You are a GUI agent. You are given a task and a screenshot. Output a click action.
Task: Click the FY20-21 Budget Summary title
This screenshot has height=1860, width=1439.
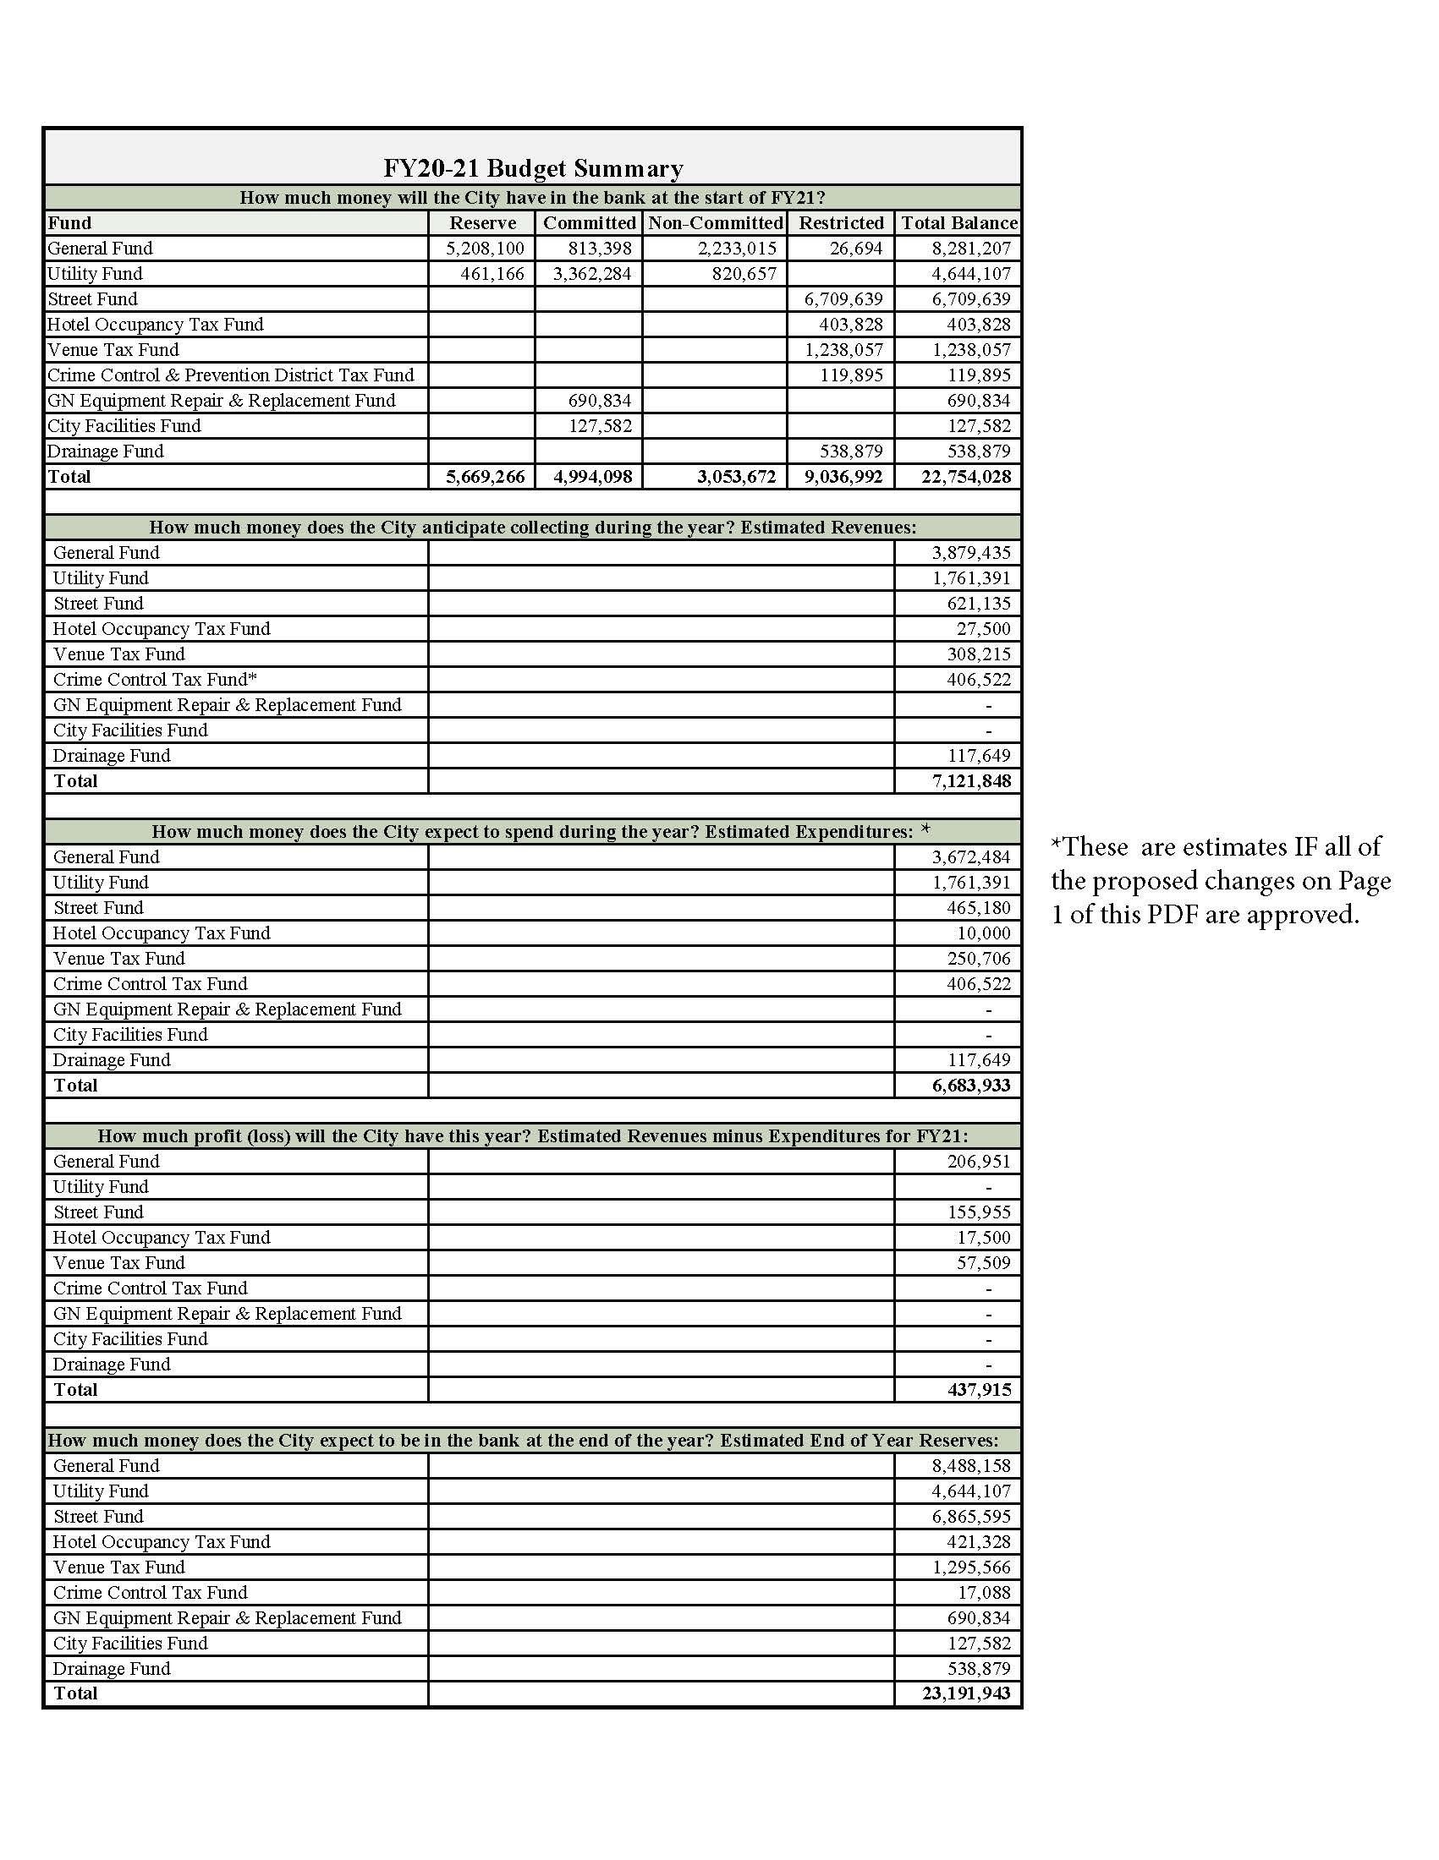pos(532,168)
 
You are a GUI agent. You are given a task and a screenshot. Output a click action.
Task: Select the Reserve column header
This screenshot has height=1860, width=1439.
pos(482,223)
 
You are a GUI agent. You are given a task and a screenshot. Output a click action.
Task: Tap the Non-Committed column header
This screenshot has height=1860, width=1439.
pos(715,223)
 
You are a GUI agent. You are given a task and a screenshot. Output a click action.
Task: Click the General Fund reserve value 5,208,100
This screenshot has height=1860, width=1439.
pos(486,249)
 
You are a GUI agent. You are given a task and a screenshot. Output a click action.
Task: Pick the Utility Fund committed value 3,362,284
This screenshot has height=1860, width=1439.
pos(592,274)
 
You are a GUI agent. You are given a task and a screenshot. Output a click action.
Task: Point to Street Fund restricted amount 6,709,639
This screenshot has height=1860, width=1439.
pos(843,300)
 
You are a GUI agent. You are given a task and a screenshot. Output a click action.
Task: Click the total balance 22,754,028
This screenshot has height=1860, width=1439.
pos(965,477)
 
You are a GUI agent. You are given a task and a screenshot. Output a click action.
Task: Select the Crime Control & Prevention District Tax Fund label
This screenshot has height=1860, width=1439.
pos(230,375)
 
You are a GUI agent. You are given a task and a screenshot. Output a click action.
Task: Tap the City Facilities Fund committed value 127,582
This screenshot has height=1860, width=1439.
pos(600,427)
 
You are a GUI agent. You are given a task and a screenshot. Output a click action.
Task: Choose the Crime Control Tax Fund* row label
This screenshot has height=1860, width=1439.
pos(155,680)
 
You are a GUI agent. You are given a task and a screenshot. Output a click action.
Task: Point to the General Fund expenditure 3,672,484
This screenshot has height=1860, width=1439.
pos(970,857)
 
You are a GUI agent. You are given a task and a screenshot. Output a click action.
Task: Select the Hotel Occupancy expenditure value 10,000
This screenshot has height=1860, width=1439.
pos(983,933)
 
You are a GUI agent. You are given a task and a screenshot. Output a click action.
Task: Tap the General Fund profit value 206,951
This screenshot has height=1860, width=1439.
pos(978,1162)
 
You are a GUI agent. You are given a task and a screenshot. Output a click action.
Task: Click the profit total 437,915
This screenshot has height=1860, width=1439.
pos(979,1390)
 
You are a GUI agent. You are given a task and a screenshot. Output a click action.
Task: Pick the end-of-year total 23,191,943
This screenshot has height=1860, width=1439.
pos(965,1694)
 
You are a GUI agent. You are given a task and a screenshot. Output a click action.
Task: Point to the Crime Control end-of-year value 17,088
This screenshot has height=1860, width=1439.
pos(983,1593)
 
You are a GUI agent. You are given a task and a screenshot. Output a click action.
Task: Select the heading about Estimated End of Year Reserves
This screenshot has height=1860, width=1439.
pos(522,1441)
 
